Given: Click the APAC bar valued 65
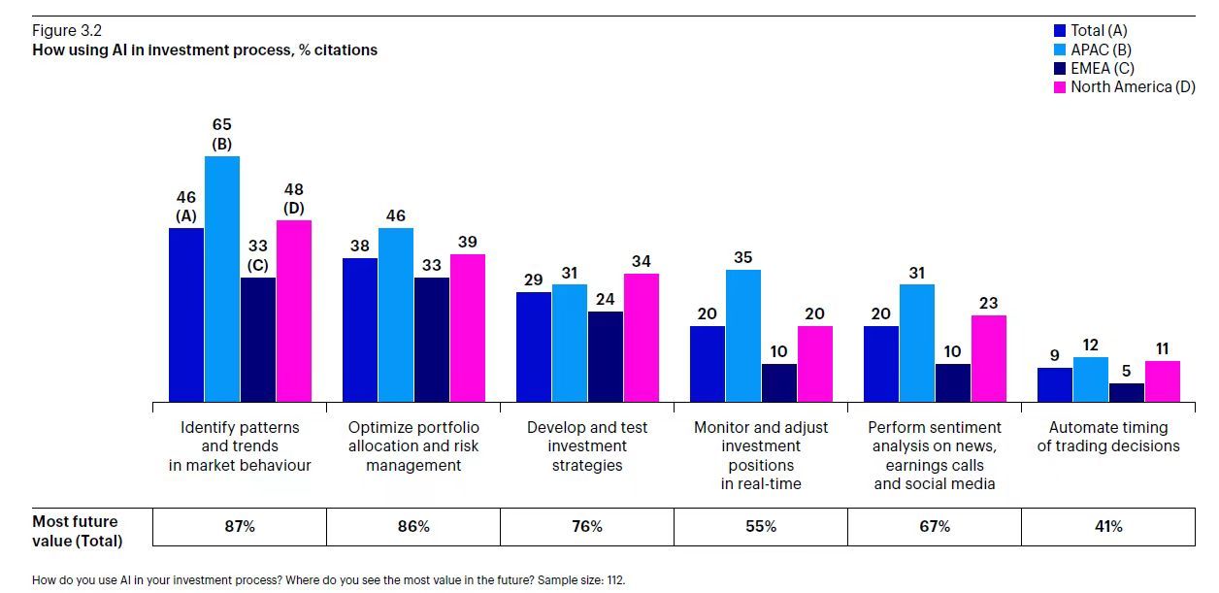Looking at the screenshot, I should pos(221,279).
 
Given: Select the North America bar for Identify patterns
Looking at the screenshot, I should pos(294,311).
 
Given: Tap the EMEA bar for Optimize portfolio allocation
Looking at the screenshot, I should pos(432,340).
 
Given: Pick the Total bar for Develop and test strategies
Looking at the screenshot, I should pos(534,346).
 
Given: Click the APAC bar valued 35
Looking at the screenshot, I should pos(743,336).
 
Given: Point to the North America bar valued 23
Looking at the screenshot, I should pos(989,358).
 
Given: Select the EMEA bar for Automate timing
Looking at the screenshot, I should pos(1127,392).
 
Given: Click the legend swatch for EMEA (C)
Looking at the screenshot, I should pos(1060,69).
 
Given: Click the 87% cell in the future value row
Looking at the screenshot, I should pos(240,527).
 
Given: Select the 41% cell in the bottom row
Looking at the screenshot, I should pos(1108,527).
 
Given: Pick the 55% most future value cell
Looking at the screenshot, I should pos(761,527).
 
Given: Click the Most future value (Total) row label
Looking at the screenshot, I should pos(78,531).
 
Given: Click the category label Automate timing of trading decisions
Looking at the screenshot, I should pos(1108,437).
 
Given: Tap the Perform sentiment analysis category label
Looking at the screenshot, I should pos(935,455).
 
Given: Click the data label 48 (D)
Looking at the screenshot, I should pos(294,198).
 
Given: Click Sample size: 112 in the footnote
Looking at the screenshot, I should pos(590,581).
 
